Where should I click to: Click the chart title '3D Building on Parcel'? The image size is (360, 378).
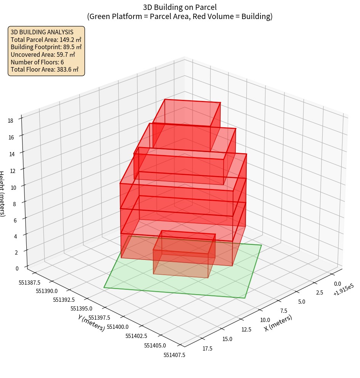tap(180, 7)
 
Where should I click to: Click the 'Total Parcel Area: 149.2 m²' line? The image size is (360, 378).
tap(46, 40)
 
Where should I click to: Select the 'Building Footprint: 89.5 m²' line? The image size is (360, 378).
tap(46, 47)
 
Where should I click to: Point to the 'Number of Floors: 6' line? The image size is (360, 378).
tap(37, 62)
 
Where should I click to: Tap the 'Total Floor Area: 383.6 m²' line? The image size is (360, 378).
tap(45, 69)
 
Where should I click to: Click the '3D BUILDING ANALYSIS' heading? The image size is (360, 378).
tap(42, 32)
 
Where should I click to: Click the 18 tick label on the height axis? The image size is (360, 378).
tap(10, 121)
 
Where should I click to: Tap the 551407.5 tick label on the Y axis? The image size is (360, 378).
tap(174, 355)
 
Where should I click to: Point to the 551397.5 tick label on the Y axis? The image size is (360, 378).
tap(99, 318)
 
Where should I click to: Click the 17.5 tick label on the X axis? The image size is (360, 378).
tap(208, 348)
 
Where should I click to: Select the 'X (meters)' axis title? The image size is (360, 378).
tap(278, 323)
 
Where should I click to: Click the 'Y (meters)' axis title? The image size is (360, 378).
tap(91, 322)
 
